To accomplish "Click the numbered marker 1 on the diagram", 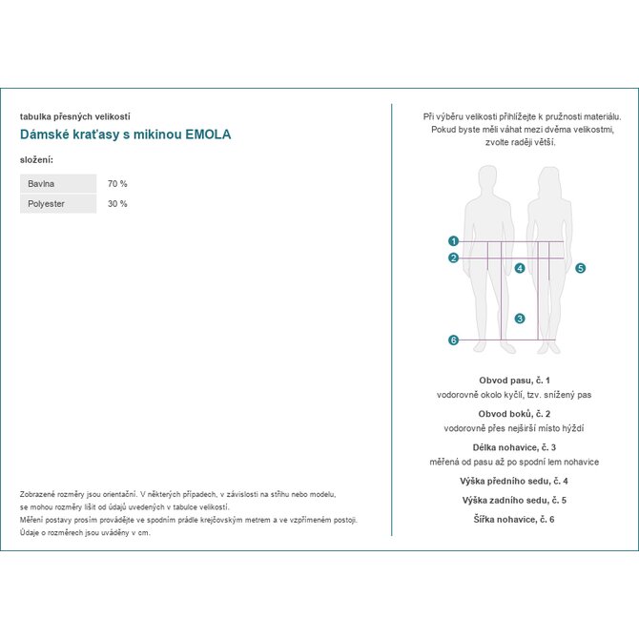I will [454, 241].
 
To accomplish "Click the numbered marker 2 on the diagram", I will [454, 258].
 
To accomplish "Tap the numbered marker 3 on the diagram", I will [520, 319].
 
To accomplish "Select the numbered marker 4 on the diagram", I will [520, 269].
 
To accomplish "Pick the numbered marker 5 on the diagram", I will [580, 269].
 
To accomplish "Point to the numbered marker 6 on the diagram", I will [454, 340].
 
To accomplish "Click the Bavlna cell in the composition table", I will [58, 183].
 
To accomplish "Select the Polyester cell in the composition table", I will [58, 204].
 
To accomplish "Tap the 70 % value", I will [117, 183].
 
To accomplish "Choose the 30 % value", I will [117, 204].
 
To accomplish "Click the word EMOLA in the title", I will [208, 134].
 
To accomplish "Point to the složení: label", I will [36, 159].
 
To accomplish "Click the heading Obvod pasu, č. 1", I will [514, 380].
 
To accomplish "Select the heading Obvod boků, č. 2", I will [514, 414].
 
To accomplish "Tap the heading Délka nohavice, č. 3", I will [514, 447].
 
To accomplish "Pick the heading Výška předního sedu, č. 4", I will [514, 481].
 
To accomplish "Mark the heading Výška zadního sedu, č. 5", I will [514, 500].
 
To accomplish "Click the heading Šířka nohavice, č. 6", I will [514, 519].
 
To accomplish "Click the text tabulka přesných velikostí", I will [75, 115].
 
